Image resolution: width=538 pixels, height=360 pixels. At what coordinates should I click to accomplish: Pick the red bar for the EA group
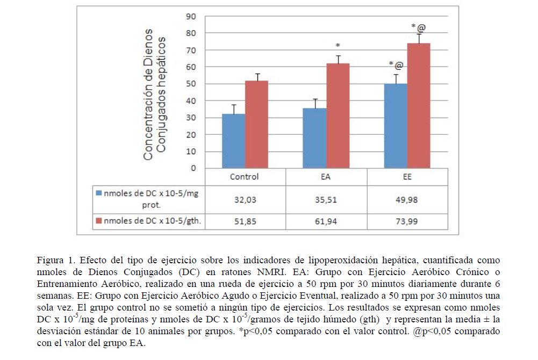pyautogui.click(x=338, y=116)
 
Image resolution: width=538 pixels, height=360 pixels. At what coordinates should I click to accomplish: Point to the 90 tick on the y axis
pyautogui.click(x=191, y=16)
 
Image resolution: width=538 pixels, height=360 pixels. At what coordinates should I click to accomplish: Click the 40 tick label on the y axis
pyautogui.click(x=191, y=100)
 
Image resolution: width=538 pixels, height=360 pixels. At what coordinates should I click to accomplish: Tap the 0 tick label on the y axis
pyautogui.click(x=193, y=168)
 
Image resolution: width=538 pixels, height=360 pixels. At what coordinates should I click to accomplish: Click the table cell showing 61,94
pyautogui.click(x=326, y=221)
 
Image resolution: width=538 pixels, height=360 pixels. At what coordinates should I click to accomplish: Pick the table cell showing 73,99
pyautogui.click(x=407, y=221)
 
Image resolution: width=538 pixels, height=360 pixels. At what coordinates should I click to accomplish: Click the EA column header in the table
pyautogui.click(x=326, y=176)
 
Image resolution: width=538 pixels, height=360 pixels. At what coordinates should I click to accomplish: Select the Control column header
pyautogui.click(x=244, y=176)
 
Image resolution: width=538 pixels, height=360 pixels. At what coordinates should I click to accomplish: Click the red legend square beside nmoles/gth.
pyautogui.click(x=98, y=221)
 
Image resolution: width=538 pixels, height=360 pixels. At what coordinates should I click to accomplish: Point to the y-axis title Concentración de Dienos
pyautogui.click(x=149, y=95)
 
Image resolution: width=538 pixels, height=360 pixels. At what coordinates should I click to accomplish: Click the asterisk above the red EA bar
pyautogui.click(x=338, y=46)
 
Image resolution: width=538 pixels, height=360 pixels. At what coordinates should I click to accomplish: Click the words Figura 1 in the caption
pyautogui.click(x=53, y=260)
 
